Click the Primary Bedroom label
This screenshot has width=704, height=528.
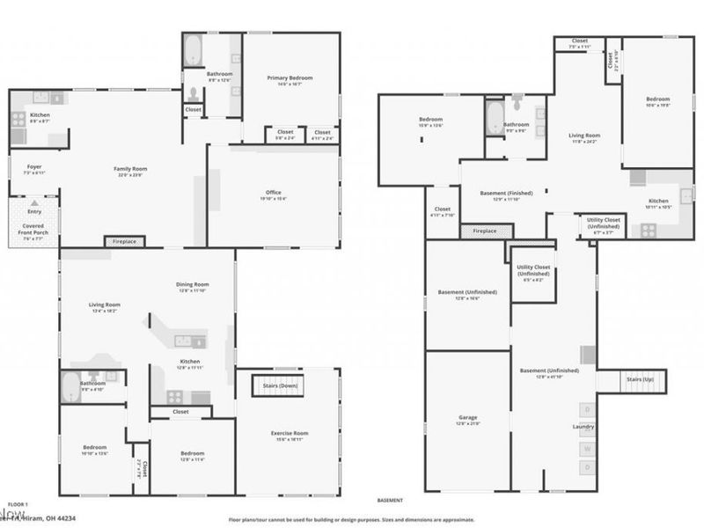(x=290, y=78)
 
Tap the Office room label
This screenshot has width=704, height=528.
(x=274, y=193)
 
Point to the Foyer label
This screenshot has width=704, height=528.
(x=34, y=166)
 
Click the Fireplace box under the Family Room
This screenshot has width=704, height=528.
(x=124, y=241)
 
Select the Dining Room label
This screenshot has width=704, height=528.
(x=192, y=285)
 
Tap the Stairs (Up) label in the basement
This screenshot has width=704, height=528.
(x=641, y=379)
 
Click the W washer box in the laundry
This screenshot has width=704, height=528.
(x=587, y=448)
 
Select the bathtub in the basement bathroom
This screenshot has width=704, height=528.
(x=494, y=118)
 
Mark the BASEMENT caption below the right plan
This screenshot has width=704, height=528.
(x=390, y=500)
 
